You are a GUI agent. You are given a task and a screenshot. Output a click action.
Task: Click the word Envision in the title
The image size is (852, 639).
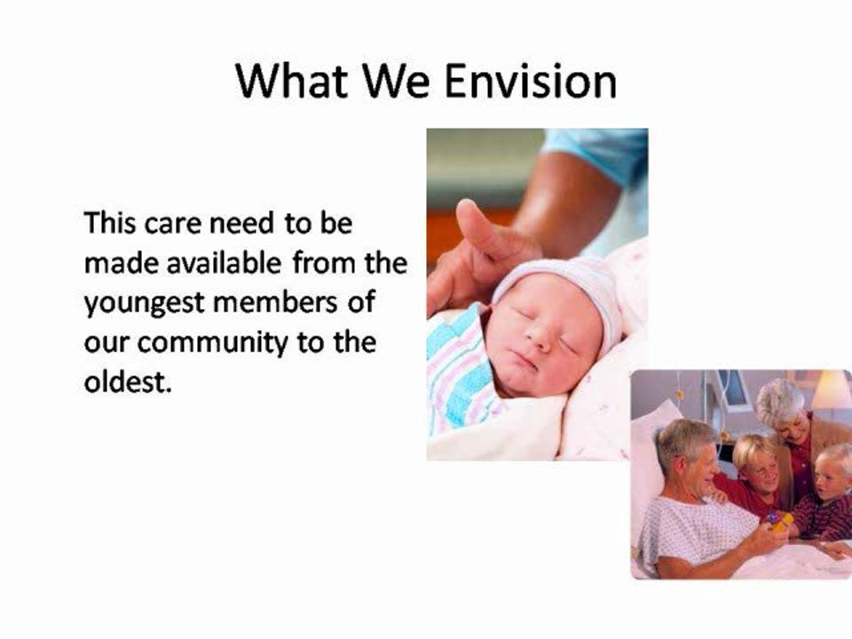click(531, 81)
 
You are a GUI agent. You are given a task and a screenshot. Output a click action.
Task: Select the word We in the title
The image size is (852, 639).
click(396, 81)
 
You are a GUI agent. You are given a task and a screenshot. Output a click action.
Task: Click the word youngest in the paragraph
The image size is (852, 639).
click(145, 304)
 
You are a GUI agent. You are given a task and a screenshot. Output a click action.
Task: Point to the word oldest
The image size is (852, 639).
click(128, 382)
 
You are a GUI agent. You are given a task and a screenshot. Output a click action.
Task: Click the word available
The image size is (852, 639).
click(224, 263)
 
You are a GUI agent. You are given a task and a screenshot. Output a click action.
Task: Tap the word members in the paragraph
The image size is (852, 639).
click(275, 303)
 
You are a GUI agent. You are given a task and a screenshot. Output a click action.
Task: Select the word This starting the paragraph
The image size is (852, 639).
click(110, 223)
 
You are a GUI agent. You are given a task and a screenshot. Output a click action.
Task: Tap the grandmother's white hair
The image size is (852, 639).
click(779, 400)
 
